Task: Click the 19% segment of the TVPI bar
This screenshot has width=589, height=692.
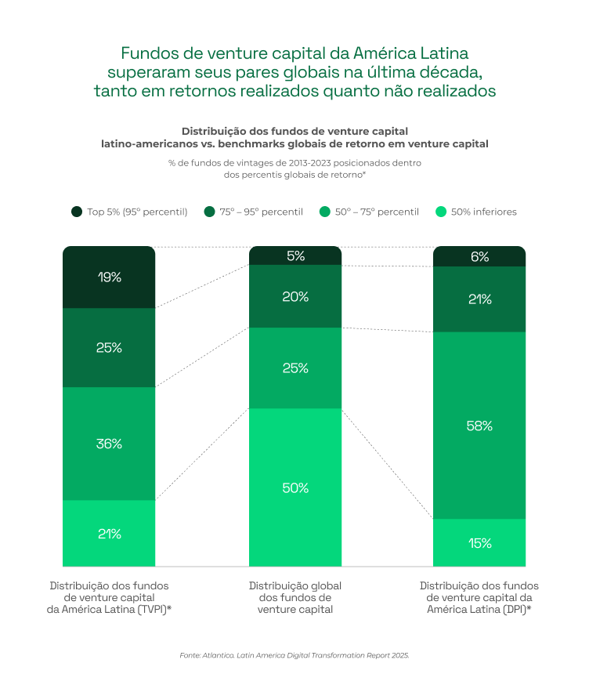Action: pyautogui.click(x=109, y=277)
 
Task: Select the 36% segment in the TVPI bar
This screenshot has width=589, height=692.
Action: pyautogui.click(x=109, y=444)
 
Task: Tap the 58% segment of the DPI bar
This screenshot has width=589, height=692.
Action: pyautogui.click(x=479, y=426)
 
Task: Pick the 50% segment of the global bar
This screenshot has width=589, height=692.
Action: pyautogui.click(x=295, y=487)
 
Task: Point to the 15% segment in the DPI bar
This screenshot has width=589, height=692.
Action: pyautogui.click(x=479, y=542)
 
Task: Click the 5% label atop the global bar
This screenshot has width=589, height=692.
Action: pyautogui.click(x=295, y=255)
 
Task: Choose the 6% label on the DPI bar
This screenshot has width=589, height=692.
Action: pyautogui.click(x=479, y=256)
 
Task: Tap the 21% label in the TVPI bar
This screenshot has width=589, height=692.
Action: pyautogui.click(x=109, y=534)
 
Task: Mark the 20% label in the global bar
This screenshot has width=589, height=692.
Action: pyautogui.click(x=295, y=297)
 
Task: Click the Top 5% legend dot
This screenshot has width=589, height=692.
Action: pyautogui.click(x=77, y=212)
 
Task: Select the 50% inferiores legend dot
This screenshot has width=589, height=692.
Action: pyautogui.click(x=441, y=212)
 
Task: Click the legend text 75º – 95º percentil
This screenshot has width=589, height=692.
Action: pyautogui.click(x=261, y=212)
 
